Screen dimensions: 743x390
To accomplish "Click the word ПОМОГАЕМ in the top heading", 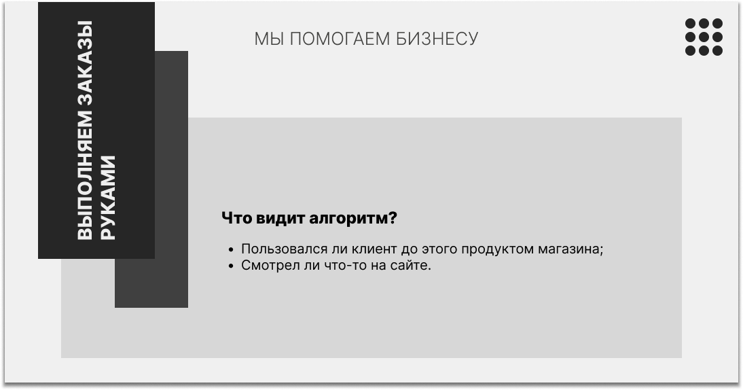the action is tap(340, 39).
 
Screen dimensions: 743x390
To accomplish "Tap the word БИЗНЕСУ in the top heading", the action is tap(437, 39).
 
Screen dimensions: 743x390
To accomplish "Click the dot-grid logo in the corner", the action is tap(704, 37).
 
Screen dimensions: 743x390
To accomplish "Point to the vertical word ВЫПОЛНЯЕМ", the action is tap(85, 175).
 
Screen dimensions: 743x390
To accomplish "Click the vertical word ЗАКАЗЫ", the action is tap(85, 63).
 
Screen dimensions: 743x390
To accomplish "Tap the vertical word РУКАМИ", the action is tap(108, 198).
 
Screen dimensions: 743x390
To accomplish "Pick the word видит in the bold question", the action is tap(280, 218).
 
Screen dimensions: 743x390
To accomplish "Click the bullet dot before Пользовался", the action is tap(231, 250).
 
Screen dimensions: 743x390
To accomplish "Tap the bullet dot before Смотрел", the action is tap(231, 266).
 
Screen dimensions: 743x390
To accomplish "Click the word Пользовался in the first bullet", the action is tap(285, 249).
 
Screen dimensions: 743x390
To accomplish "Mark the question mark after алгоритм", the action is tap(393, 218).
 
